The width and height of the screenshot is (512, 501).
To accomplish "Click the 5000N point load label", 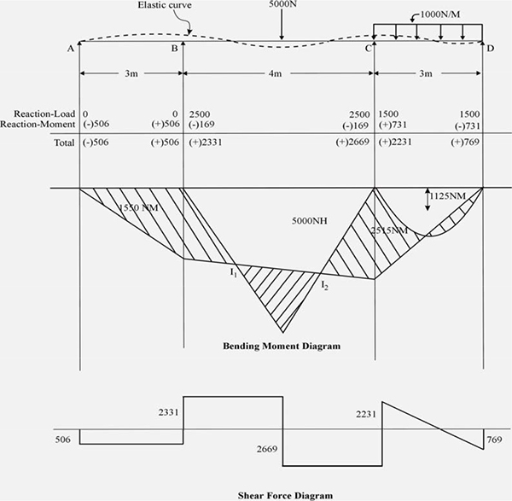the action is [x=282, y=4].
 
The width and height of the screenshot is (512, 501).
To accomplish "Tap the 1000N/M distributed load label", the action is [x=440, y=15].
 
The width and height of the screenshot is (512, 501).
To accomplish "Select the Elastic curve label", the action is [x=165, y=5].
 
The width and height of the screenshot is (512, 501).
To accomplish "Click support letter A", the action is [x=71, y=49].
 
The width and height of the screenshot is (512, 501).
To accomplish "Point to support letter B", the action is [x=175, y=49].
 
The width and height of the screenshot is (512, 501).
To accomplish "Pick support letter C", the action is [x=369, y=49].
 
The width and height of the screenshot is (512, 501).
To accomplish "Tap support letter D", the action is [x=491, y=49].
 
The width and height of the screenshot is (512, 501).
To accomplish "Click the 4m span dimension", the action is [x=275, y=73].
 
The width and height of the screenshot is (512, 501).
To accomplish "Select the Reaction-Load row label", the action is [x=44, y=114].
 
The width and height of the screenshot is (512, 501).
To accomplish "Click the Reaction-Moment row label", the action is [x=38, y=124].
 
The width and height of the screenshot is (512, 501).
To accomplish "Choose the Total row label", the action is [x=64, y=143].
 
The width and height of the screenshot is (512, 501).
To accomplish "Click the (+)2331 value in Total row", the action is [x=206, y=143].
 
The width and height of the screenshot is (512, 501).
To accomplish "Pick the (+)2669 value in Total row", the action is [x=352, y=142].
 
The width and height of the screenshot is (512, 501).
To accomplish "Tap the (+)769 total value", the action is [x=465, y=142].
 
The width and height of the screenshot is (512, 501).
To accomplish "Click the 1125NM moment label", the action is [x=447, y=196].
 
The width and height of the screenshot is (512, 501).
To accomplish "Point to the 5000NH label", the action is [x=309, y=221].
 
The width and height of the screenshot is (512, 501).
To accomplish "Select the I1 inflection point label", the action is [x=233, y=272].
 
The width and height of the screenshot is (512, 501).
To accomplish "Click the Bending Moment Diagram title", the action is [x=282, y=346].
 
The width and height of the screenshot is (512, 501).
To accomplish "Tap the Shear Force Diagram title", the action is [x=285, y=495].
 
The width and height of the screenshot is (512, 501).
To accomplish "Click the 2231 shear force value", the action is [x=366, y=415].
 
